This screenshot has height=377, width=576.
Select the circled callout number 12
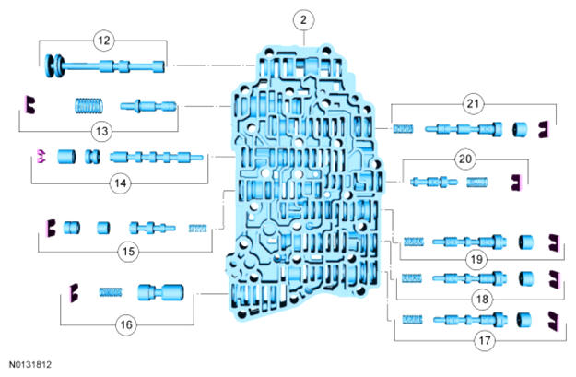click(103, 40)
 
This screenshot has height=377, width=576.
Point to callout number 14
click(120, 183)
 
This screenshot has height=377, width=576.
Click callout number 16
click(124, 324)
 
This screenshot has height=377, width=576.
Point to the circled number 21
click(474, 104)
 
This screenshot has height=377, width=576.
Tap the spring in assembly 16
click(110, 292)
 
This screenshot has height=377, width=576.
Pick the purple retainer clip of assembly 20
click(516, 182)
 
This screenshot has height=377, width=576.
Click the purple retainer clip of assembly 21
click(547, 129)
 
